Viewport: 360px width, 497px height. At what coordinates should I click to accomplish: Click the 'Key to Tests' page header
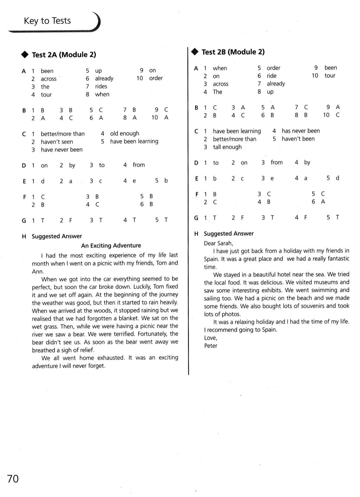pos(47,21)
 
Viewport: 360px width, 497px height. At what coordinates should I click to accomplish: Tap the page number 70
pos(13,479)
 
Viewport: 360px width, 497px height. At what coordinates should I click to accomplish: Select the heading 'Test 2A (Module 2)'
pos(64,55)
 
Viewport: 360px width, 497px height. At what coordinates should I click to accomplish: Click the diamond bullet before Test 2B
pos(195,52)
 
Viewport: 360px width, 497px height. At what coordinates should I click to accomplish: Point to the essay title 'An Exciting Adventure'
pos(111,246)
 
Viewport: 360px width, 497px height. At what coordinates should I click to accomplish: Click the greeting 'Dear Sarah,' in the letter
pos(218,243)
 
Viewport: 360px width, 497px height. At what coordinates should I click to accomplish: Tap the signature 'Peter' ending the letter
pos(211,346)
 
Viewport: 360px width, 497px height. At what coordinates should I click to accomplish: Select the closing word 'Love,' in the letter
pos(211,338)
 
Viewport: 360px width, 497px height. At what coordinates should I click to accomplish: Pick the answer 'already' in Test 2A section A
pos(104,79)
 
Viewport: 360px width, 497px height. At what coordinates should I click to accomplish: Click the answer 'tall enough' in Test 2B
pos(227,147)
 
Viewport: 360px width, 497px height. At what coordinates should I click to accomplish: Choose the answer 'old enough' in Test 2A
pos(124,133)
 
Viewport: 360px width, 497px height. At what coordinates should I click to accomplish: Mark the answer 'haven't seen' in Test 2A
pos(57,142)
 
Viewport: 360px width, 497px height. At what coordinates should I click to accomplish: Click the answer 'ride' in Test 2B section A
pos(271,76)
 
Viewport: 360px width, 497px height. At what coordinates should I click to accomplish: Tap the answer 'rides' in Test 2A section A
pos(101,86)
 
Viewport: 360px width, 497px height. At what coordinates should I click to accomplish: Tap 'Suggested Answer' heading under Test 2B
pos(229,234)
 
